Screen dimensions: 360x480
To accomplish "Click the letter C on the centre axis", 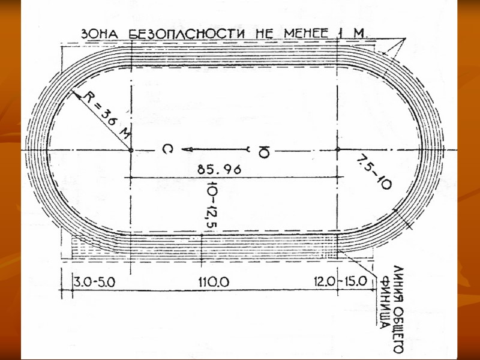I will (167, 150).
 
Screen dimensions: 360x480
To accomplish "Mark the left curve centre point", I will (131, 150).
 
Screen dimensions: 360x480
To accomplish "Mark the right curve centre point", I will (338, 150).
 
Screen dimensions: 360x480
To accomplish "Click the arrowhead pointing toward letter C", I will (187, 150).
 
